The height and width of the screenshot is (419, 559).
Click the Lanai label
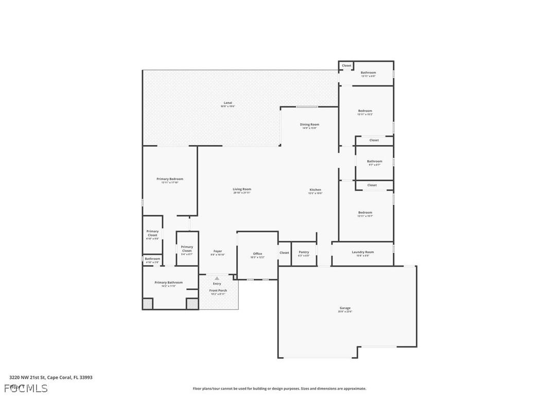pyautogui.click(x=228, y=103)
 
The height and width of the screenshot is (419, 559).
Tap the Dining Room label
pyautogui.click(x=310, y=125)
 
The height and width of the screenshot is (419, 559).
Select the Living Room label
pyautogui.click(x=242, y=189)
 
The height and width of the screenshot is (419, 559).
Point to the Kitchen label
pyautogui.click(x=315, y=190)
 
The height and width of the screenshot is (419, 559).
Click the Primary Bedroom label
pyautogui.click(x=170, y=179)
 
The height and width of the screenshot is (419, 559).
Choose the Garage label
pyautogui.click(x=345, y=308)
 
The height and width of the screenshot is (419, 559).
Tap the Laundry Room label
pyautogui.click(x=363, y=252)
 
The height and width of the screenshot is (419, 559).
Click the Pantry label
pyautogui.click(x=304, y=252)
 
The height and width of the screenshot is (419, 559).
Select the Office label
pyautogui.click(x=257, y=254)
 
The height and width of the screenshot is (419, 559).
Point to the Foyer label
pyautogui.click(x=218, y=252)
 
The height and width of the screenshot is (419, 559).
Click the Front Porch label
pyautogui.click(x=218, y=291)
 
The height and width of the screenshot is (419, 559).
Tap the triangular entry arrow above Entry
pyautogui.click(x=217, y=278)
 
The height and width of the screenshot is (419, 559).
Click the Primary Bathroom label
pyautogui.click(x=169, y=283)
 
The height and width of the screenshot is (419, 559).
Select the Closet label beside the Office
pyautogui.click(x=285, y=253)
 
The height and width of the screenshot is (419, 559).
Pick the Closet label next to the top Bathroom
pyautogui.click(x=347, y=66)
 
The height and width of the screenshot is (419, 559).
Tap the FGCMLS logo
pyautogui.click(x=26, y=388)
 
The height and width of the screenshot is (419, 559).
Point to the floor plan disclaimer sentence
pyautogui.click(x=279, y=389)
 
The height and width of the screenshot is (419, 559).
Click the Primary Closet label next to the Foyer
pyautogui.click(x=187, y=249)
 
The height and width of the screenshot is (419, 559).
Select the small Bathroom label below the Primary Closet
pyautogui.click(x=152, y=259)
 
